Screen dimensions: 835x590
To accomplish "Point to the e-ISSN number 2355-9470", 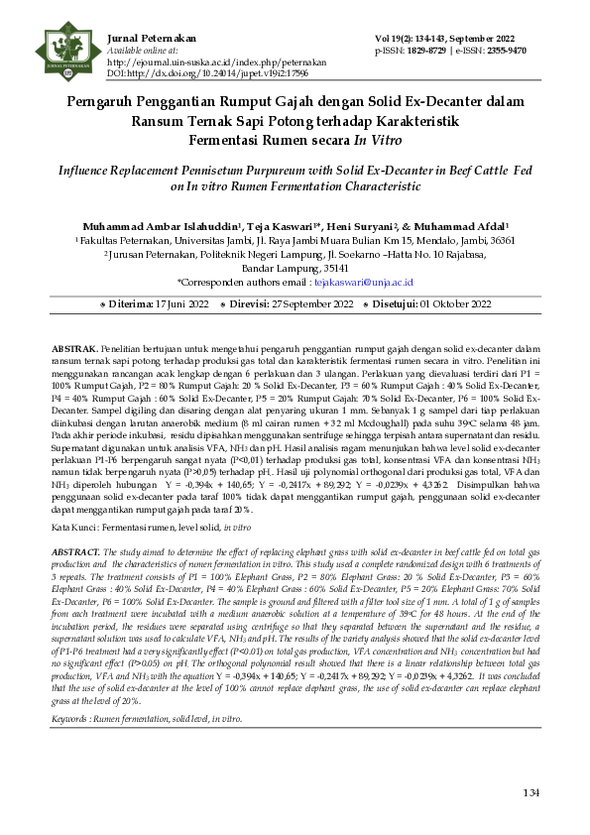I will [506, 50].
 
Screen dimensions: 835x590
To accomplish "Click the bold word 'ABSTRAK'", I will [73, 350].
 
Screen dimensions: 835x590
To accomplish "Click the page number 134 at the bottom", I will [532, 793].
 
